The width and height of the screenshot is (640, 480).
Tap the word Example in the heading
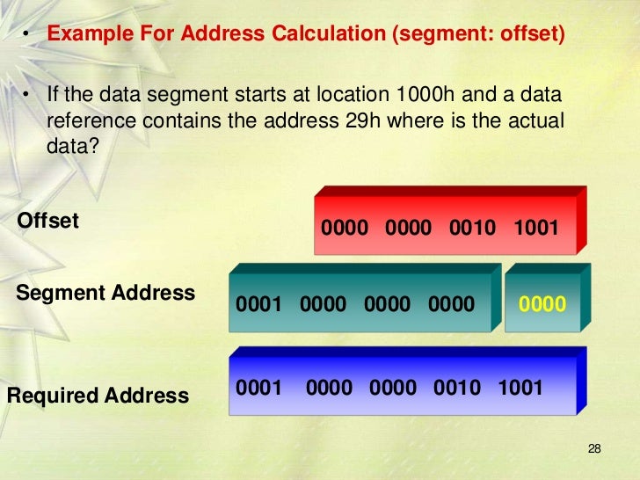pyautogui.click(x=85, y=35)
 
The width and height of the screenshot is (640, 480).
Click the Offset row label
pyautogui.click(x=48, y=221)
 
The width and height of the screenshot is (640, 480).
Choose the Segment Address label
pyautogui.click(x=105, y=293)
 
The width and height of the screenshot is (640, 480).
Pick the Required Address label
pyautogui.click(x=98, y=396)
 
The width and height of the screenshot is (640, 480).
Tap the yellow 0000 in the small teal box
pyautogui.click(x=542, y=304)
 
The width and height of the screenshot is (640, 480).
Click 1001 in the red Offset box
pyautogui.click(x=536, y=229)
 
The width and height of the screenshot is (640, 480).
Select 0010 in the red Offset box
pyautogui.click(x=473, y=229)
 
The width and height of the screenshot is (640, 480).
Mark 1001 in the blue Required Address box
pyautogui.click(x=520, y=388)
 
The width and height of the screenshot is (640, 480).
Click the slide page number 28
pyautogui.click(x=593, y=450)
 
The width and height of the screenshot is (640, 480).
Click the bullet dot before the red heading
pyautogui.click(x=27, y=36)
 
